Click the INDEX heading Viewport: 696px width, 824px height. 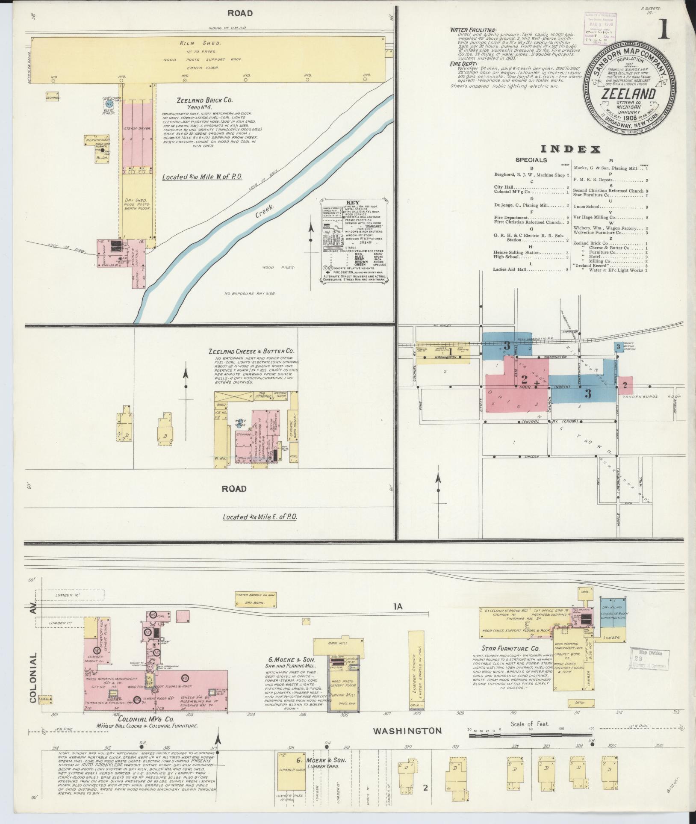570,149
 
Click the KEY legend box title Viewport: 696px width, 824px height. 354,202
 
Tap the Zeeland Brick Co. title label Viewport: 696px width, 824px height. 205,100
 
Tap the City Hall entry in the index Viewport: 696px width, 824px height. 504,187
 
